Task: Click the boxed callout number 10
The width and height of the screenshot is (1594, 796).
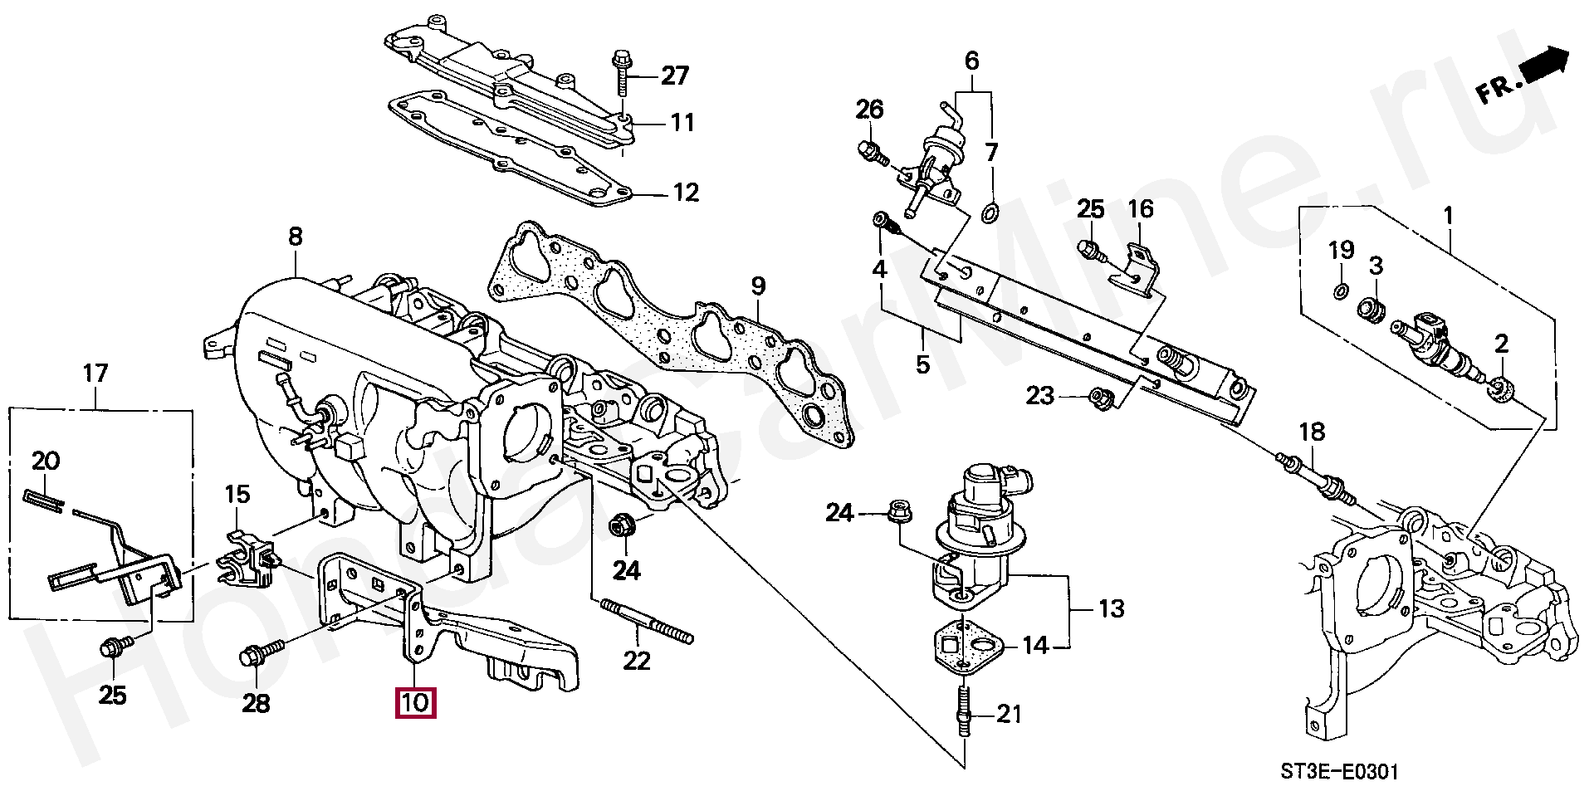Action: (415, 703)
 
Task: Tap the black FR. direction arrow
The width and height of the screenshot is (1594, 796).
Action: (1546, 62)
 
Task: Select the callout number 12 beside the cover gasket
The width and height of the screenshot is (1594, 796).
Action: (686, 193)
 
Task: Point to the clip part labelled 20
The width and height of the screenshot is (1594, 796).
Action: (41, 500)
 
